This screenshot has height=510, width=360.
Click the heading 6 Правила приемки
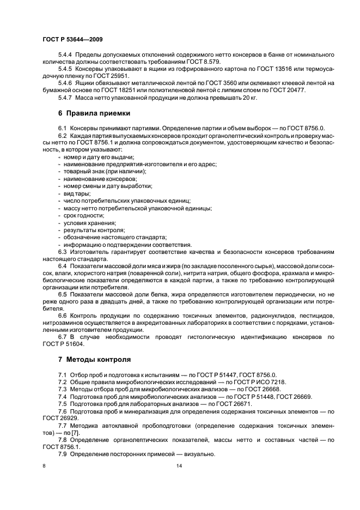94,114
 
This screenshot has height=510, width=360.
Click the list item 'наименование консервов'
91,179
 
